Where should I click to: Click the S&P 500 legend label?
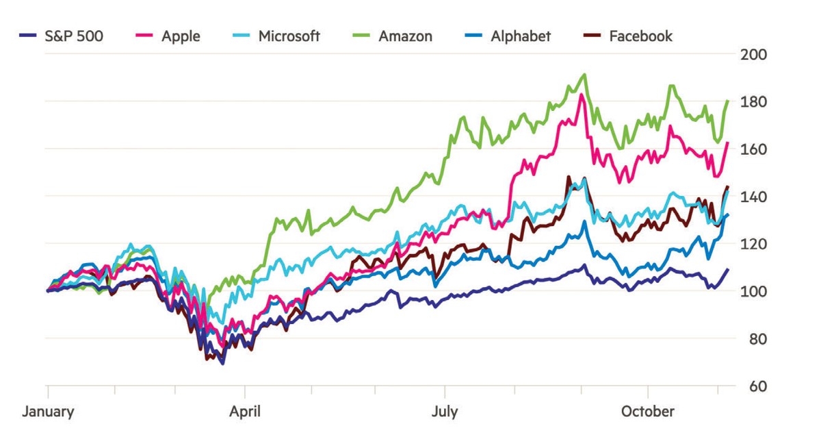point(75,36)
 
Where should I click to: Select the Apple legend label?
point(181,36)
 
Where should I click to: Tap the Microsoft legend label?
point(289,36)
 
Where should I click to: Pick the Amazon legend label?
point(405,36)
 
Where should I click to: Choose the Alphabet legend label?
point(521,36)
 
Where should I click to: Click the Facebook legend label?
point(640,36)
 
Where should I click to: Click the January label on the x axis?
point(49,412)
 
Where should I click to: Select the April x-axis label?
point(245,412)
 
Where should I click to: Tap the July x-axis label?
point(445,412)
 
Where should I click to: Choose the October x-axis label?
point(647,412)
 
